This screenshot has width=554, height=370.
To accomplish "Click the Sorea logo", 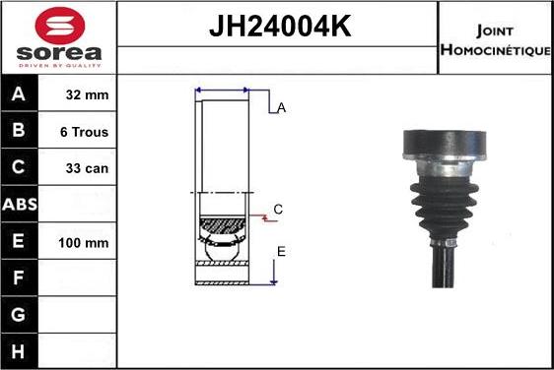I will point(58,37).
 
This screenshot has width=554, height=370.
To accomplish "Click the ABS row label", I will point(20,205).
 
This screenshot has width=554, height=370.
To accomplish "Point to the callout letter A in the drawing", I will point(281,108).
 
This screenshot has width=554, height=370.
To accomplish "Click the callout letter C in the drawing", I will point(278,210).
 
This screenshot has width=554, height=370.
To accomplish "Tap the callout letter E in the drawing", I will point(281,252).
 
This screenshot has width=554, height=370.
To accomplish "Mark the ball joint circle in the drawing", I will point(226,251).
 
